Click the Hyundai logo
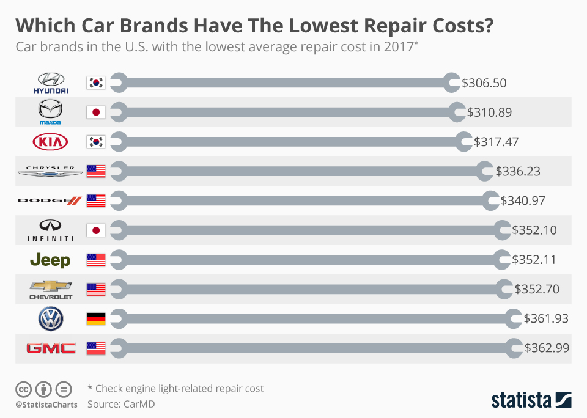51,82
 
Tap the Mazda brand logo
51,112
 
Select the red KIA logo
51,142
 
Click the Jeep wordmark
50,260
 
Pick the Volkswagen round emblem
51,318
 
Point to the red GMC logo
51,348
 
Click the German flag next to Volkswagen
97,318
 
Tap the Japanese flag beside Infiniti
97,230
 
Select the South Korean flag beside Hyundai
97,82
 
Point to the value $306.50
484,83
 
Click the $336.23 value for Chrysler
518,172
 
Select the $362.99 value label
547,348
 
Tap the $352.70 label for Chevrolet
537,289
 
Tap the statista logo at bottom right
531,400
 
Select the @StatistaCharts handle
46,405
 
